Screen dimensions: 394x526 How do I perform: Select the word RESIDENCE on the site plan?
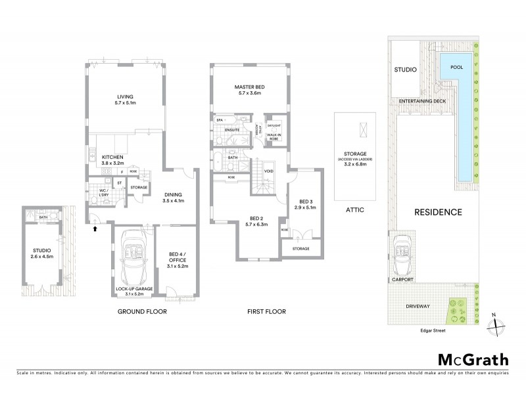pos(437,212)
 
